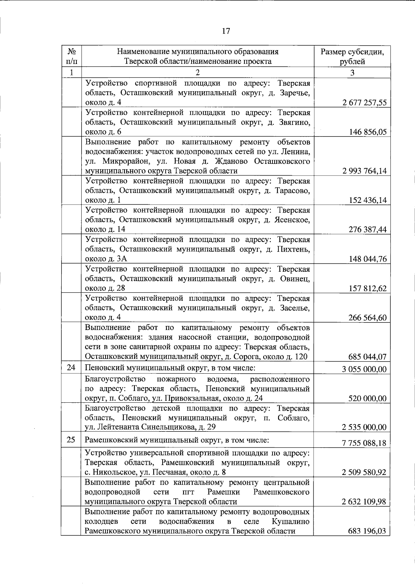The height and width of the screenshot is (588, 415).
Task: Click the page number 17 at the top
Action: pyautogui.click(x=225, y=31)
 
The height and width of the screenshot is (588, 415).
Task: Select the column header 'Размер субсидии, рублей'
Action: pyautogui.click(x=352, y=57)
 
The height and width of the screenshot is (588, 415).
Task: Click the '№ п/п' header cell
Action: pyautogui.click(x=72, y=57)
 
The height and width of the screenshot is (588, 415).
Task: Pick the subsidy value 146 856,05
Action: pyautogui.click(x=368, y=132)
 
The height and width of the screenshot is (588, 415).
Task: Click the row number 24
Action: pyautogui.click(x=71, y=367)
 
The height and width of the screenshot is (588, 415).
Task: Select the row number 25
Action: pyautogui.click(x=71, y=440)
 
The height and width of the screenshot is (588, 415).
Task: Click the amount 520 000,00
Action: pyautogui.click(x=368, y=399)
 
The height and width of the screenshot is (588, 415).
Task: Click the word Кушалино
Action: pyautogui.click(x=290, y=521)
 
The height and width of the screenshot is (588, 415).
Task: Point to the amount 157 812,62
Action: pyautogui.click(x=368, y=288)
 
